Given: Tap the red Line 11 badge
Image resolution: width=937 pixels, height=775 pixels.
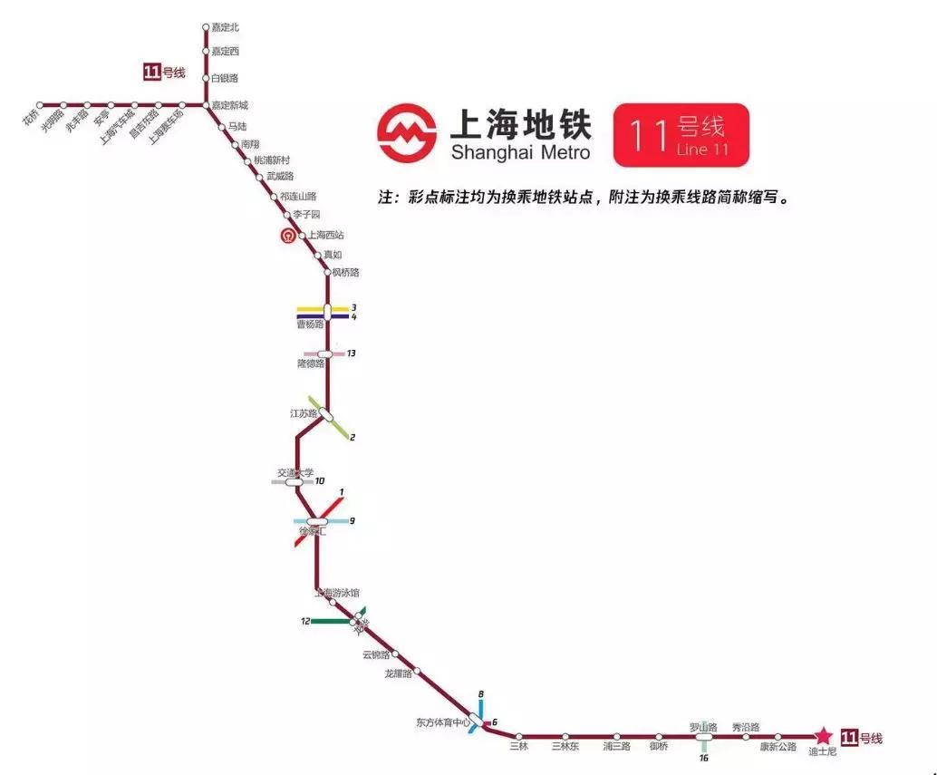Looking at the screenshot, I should tap(681, 135).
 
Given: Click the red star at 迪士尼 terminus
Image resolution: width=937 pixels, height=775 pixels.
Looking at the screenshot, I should tap(823, 736).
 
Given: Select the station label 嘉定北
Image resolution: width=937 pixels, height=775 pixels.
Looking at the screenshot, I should tap(225, 28).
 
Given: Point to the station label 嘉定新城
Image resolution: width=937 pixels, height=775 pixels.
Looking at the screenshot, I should tap(229, 106).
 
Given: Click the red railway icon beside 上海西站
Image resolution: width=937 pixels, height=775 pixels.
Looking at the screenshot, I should tap(287, 237).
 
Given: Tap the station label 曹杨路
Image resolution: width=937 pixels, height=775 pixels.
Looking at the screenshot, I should tap(311, 324).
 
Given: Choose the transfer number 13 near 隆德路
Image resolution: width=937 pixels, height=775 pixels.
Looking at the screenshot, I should tap(351, 354).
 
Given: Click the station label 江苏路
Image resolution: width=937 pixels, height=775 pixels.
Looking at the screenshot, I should tap(303, 413).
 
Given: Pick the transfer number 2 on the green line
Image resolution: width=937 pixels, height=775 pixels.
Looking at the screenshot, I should tap(353, 438).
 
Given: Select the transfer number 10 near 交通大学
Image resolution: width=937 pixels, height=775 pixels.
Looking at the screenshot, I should tap(320, 481).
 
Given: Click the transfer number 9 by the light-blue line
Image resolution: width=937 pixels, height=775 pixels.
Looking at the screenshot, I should tap(353, 520).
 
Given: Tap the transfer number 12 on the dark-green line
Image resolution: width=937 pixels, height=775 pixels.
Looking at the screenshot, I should tap(305, 621).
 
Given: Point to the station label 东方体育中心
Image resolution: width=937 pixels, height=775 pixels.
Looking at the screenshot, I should tap(443, 722).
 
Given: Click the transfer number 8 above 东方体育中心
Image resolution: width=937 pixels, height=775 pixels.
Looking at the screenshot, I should tap(481, 694).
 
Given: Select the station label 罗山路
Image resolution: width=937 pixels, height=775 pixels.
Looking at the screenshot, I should tap(703, 727).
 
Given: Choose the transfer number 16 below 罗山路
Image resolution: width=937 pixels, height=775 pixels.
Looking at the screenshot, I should tap(703, 758).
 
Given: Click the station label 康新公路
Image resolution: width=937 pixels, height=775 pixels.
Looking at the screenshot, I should tap(778, 747).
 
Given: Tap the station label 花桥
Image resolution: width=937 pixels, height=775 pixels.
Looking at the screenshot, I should tap(30, 120).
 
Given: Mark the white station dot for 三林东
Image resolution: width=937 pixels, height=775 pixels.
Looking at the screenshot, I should tap(565, 737).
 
